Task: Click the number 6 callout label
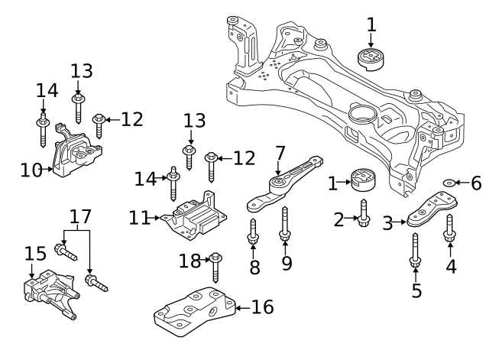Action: click(x=476, y=183)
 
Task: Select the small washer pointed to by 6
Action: click(x=450, y=183)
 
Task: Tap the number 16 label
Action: click(x=261, y=307)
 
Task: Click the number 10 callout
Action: click(x=31, y=169)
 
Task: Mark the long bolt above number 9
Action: click(x=285, y=223)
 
